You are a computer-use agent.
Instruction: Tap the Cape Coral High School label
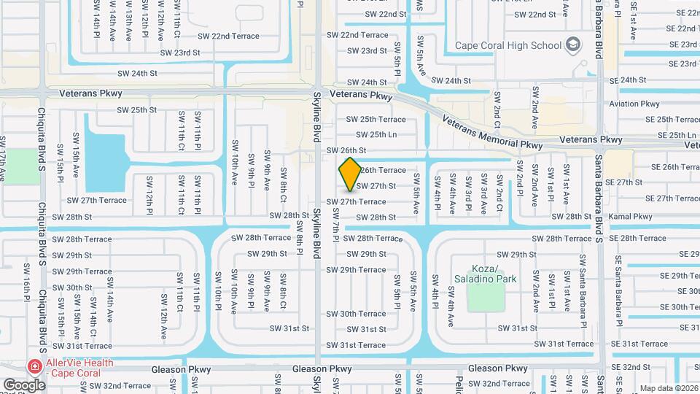pos(509,45)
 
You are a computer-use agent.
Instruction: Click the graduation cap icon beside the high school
pos(574,45)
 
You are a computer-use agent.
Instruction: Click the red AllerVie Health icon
pos(34,366)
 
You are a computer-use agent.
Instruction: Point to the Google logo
pos(25,385)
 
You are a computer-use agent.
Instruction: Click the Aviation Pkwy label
pos(634,104)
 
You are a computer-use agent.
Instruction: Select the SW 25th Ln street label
pos(376,134)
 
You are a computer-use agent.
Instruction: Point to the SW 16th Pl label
pos(28,278)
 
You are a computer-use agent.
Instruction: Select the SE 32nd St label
pos(631,367)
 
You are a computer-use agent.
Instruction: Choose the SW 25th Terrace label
pos(376,119)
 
